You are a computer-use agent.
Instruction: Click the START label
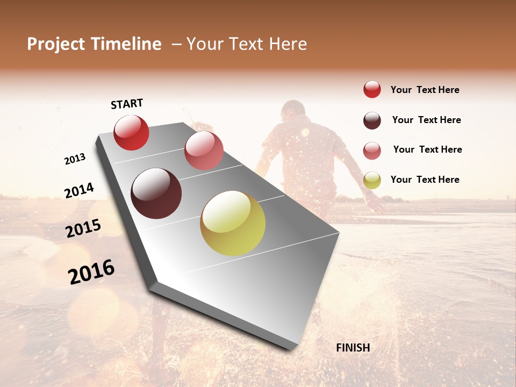tap(127, 104)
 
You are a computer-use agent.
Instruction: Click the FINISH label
tap(353, 348)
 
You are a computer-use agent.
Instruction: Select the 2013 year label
tap(75, 159)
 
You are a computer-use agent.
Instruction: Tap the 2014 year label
tap(79, 190)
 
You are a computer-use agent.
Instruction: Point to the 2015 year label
tap(83, 228)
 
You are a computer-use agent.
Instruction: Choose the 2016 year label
tap(91, 273)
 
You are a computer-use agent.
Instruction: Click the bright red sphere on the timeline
tap(131, 132)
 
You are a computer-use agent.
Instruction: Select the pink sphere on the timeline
tap(204, 150)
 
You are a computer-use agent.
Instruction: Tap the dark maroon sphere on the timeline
tap(156, 193)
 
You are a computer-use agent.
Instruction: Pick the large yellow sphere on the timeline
tap(233, 223)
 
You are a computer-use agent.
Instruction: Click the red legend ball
tap(372, 90)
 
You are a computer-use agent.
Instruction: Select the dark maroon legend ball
tap(372, 120)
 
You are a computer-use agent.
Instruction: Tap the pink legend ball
tap(372, 150)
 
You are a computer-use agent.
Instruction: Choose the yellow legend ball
tap(372, 181)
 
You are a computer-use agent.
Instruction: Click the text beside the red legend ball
tap(425, 90)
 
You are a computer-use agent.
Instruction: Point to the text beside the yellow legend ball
tap(425, 180)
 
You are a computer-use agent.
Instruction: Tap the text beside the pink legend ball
tap(427, 149)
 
